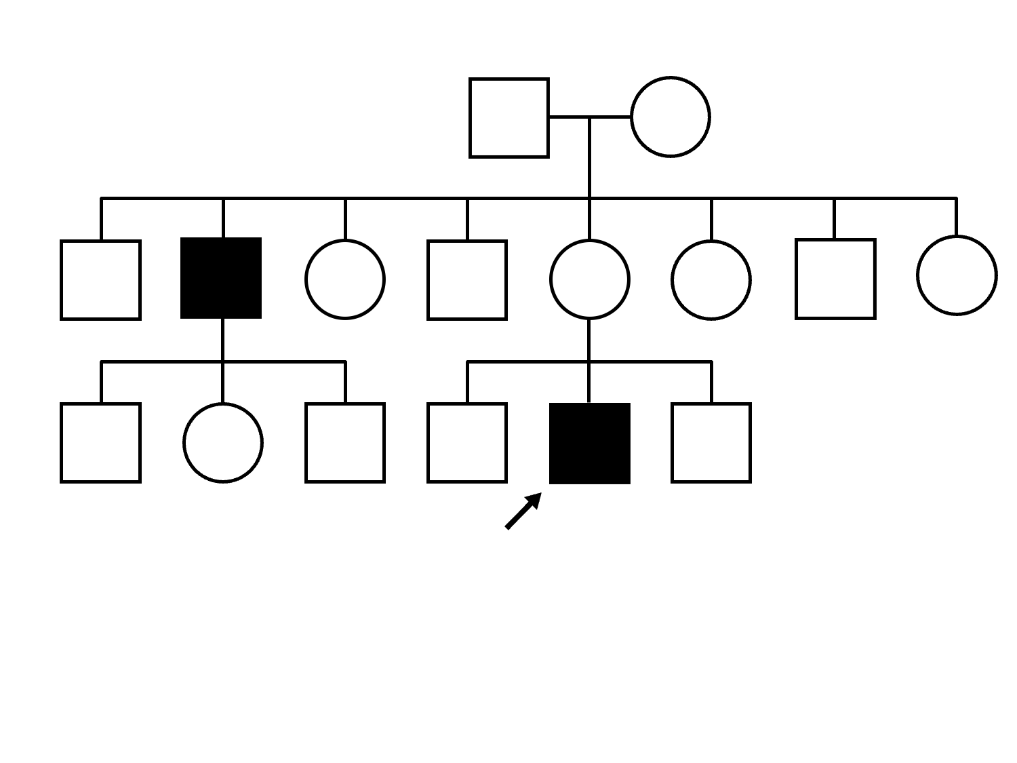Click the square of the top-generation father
pyautogui.click(x=509, y=117)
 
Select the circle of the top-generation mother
pyautogui.click(x=670, y=117)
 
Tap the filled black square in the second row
pyautogui.click(x=221, y=278)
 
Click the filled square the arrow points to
pyautogui.click(x=589, y=443)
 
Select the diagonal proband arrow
pyautogui.click(x=523, y=511)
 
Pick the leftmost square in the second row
pyautogui.click(x=100, y=279)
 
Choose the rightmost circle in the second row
pyautogui.click(x=956, y=275)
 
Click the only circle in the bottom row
pyautogui.click(x=222, y=443)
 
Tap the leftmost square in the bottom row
pyautogui.click(x=100, y=443)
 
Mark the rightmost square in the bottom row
pyautogui.click(x=711, y=443)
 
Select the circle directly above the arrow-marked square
pyautogui.click(x=589, y=279)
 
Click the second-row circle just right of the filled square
pyautogui.click(x=344, y=279)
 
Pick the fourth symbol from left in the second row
pyautogui.click(x=466, y=279)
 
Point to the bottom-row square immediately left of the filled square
pyautogui.click(x=466, y=443)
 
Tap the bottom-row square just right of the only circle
pyautogui.click(x=344, y=443)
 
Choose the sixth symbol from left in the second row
pyautogui.click(x=711, y=279)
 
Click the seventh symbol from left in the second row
pyautogui.click(x=835, y=279)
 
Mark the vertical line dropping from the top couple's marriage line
pyautogui.click(x=589, y=158)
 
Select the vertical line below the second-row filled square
pyautogui.click(x=222, y=340)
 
